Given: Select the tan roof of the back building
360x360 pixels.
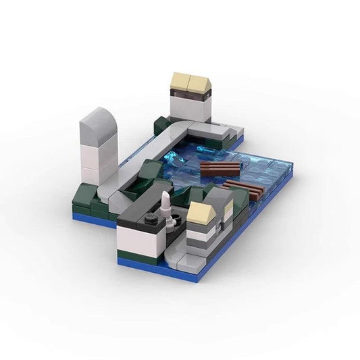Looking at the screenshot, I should (191, 83).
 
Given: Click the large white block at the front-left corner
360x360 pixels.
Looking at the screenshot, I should (138, 240).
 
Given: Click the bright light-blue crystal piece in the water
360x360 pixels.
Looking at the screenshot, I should (177, 157).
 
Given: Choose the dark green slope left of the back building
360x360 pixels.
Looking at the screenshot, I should (161, 124).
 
